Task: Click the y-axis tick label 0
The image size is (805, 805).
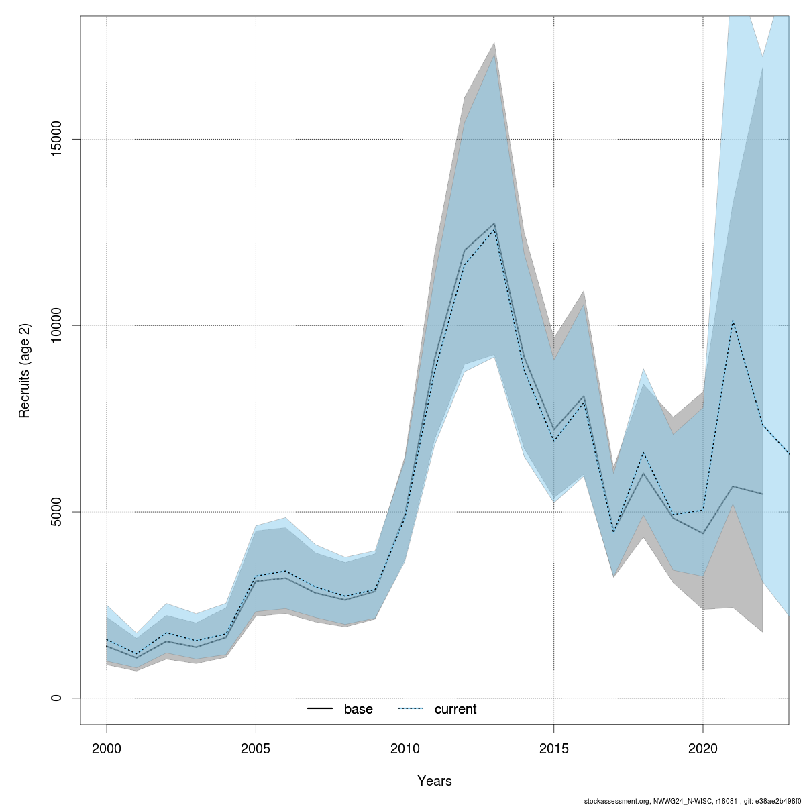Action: click(x=57, y=698)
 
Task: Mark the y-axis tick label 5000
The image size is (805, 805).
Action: click(x=57, y=512)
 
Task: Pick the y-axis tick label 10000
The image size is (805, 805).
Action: click(x=57, y=325)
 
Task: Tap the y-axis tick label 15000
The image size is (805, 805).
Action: click(x=57, y=139)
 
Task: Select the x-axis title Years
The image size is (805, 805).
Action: click(x=435, y=781)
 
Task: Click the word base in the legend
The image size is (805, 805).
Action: click(x=358, y=709)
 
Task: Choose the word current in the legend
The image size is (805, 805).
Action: click(x=455, y=709)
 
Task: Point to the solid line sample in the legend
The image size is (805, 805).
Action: click(x=320, y=709)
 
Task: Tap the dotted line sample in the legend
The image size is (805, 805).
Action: click(x=411, y=709)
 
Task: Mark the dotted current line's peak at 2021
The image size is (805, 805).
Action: click(x=733, y=320)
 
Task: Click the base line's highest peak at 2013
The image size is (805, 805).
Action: click(x=494, y=223)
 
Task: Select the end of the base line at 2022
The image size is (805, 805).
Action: click(x=762, y=494)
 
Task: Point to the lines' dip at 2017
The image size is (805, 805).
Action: click(x=613, y=532)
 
